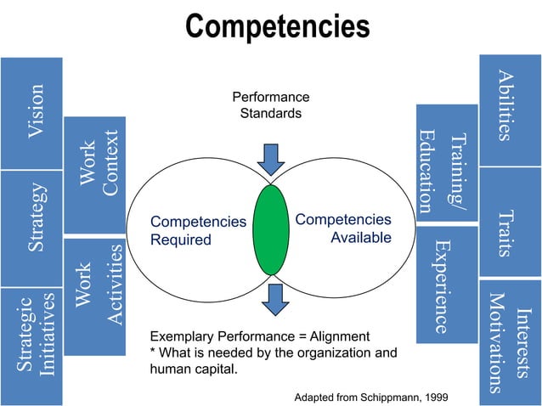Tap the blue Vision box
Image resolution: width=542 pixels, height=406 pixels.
point(32,112)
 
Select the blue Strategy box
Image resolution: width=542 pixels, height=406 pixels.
point(32,227)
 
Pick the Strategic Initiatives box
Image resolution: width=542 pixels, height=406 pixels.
point(32,344)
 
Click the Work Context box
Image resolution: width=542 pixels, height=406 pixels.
point(95,175)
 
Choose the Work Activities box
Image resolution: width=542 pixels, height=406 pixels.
point(95,295)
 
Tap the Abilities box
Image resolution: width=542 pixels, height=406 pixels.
point(510,109)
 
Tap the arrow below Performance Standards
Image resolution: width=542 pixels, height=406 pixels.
point(271,158)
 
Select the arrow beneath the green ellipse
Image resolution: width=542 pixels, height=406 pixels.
point(274,298)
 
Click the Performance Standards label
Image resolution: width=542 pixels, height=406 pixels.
point(271,105)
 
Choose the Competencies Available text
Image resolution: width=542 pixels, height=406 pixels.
point(344,228)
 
